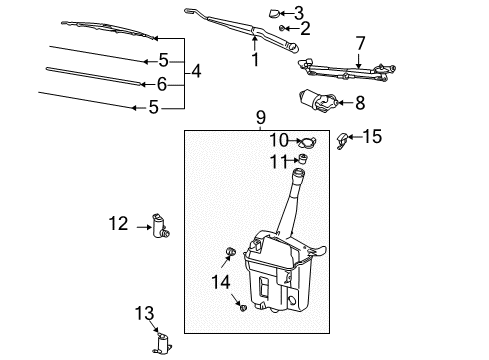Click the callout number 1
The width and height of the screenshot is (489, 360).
pyautogui.click(x=255, y=60)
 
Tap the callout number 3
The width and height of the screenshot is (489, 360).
pyautogui.click(x=299, y=12)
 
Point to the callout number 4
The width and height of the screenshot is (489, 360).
pyautogui.click(x=197, y=72)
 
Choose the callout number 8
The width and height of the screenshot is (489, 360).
pyautogui.click(x=360, y=101)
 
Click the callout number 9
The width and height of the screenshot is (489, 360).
pyautogui.click(x=259, y=117)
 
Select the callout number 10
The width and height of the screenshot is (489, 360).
pyautogui.click(x=278, y=139)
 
